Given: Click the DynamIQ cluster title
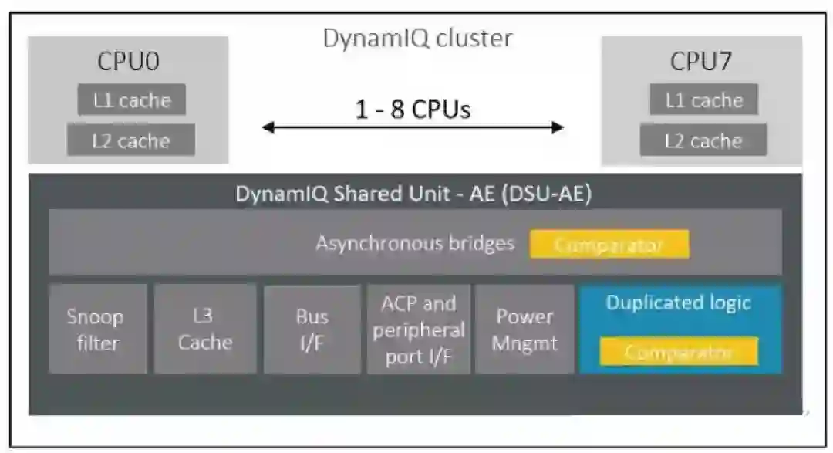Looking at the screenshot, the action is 417,39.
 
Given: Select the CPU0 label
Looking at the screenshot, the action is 128,61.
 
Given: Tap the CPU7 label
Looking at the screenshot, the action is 700,61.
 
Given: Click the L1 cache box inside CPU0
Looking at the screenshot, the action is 132,100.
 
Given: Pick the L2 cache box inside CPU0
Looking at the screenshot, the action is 131,140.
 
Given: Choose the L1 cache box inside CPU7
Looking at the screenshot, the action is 704,100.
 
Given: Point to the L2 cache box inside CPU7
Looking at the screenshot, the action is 703,140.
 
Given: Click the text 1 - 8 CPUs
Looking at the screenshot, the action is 413,109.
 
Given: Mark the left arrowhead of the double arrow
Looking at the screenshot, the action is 268,127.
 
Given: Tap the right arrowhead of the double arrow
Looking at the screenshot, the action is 558,127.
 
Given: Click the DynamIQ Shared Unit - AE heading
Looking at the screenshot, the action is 413,194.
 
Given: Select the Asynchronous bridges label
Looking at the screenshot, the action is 415,243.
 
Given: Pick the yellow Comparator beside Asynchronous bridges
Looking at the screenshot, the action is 609,245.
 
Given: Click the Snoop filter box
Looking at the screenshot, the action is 98,329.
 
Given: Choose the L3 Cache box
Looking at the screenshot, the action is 205,329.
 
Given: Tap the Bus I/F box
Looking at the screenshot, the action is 312,330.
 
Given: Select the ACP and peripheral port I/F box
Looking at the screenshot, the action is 419,329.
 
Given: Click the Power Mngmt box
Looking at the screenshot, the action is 525,329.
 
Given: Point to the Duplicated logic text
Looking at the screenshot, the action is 679,303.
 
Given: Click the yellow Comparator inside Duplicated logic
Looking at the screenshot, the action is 679,351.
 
